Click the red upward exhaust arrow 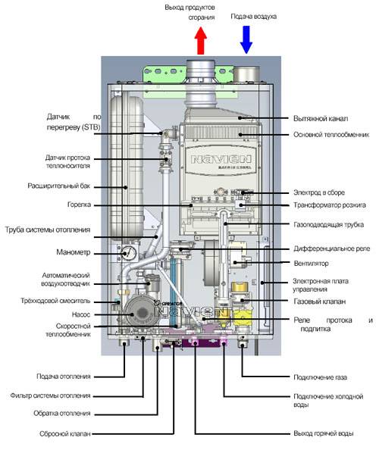coord(200,42)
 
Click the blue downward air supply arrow coord(246,39)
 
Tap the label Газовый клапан coord(316,302)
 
